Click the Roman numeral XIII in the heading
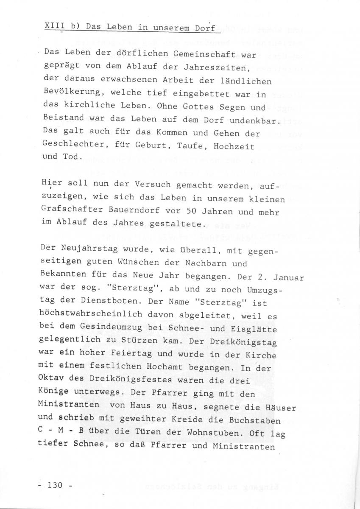click(52, 26)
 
